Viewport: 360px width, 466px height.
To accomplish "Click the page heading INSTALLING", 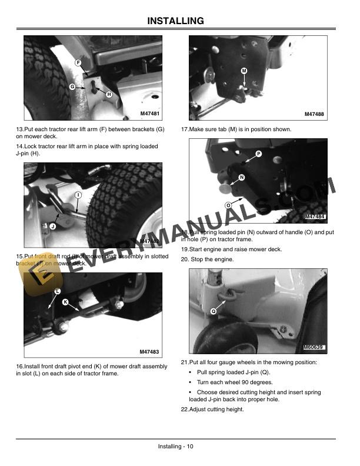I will (180, 21).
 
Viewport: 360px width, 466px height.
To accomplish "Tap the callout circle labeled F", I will (78, 62).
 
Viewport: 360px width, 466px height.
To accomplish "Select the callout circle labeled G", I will (72, 86).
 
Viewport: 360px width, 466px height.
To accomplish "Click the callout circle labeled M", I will (244, 71).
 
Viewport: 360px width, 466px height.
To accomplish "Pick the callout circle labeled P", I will (258, 154).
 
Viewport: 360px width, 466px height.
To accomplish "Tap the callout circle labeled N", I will (242, 178).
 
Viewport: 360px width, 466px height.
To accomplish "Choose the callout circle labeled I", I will (78, 195).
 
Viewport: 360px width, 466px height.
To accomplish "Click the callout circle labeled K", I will (65, 302).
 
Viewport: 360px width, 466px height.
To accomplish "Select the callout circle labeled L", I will (57, 292).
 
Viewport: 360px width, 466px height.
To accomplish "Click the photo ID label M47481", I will (150, 113).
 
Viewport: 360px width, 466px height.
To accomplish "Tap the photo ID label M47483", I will (149, 351).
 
